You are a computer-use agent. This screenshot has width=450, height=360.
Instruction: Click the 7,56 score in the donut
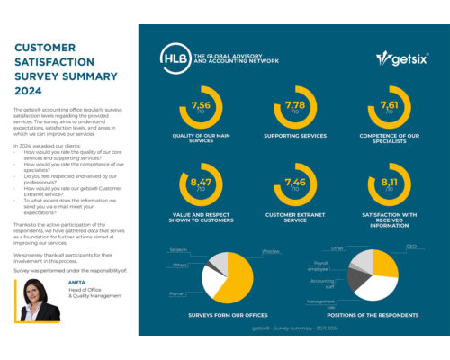(202, 107)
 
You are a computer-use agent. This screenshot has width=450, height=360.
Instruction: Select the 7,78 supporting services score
(294, 107)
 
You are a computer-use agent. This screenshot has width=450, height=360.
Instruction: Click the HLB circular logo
(175, 58)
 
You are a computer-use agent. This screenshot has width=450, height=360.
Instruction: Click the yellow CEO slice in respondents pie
(382, 264)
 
